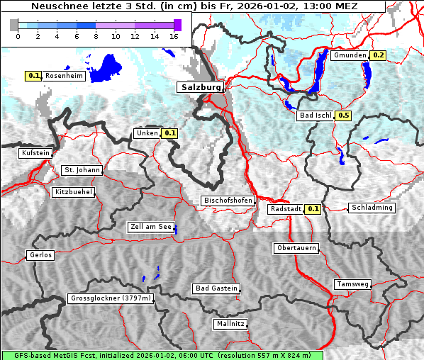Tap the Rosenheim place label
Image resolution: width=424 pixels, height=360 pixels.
pos(64,76)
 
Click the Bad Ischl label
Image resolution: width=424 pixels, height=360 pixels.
pos(316,116)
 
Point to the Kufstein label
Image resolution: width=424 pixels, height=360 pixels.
pos(35,153)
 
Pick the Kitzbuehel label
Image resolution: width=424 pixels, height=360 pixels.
pos(73,192)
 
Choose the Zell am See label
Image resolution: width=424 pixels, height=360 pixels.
pos(151,227)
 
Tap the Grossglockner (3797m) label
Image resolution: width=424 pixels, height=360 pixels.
pos(111,299)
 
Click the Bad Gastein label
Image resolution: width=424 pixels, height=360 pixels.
pos(216,288)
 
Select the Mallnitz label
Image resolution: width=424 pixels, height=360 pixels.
pos(230,324)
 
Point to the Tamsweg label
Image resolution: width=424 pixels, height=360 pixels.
pos(352,284)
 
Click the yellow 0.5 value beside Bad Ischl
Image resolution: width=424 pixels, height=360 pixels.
pos(344,116)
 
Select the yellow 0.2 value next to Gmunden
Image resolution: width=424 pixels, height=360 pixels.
pos(378,55)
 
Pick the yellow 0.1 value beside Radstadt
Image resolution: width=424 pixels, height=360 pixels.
pos(313,209)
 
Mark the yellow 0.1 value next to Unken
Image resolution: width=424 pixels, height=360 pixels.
pos(169,133)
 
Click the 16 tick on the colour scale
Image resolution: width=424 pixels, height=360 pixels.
pos(174,36)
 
